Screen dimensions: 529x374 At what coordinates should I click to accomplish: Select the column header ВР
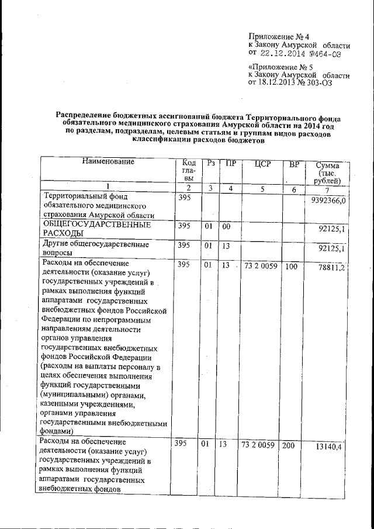293,165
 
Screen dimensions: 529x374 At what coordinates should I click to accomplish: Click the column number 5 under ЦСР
262,189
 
